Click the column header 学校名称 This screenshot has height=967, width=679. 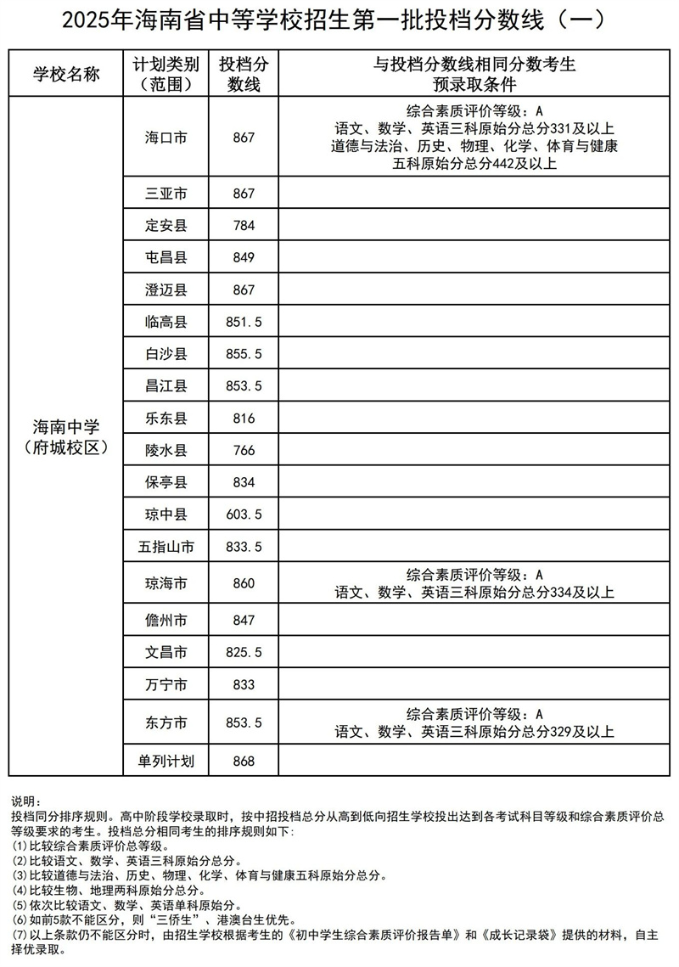(66, 74)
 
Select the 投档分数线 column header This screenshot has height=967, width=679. (243, 74)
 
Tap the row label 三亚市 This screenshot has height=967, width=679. (166, 194)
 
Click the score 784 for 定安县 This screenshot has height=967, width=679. (243, 226)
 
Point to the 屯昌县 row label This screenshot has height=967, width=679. (166, 257)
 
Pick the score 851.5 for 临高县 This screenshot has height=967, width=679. (243, 322)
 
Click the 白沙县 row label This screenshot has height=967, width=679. (166, 354)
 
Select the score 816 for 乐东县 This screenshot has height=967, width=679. (243, 418)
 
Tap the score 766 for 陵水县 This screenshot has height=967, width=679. (243, 450)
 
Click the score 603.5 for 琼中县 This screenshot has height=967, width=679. (243, 514)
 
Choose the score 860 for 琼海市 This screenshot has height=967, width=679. (243, 584)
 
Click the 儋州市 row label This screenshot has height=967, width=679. (166, 621)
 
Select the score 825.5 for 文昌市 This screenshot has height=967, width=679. (243, 653)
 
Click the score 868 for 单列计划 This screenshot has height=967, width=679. (243, 761)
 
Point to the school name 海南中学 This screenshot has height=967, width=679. (66, 428)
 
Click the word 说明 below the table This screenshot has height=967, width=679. (25, 801)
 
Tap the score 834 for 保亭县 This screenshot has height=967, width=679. (243, 482)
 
